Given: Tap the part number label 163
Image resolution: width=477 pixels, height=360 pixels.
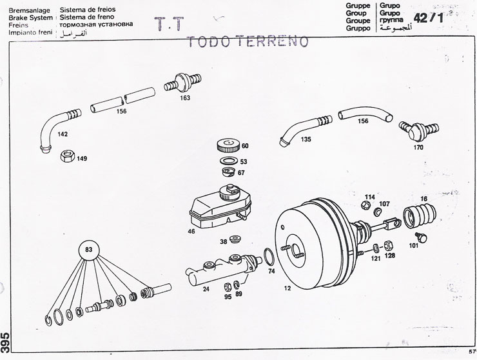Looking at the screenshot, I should coord(185,99).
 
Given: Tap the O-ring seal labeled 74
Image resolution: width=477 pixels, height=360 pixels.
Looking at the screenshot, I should coord(268,258).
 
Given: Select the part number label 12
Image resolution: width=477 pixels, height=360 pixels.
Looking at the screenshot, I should coord(286,288).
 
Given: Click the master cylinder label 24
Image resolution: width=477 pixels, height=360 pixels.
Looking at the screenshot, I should coord(206,289).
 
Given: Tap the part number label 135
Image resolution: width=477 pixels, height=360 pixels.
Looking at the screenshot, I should coord(306,139).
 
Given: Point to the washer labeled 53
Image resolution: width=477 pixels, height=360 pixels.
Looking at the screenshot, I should coord(228,160).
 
